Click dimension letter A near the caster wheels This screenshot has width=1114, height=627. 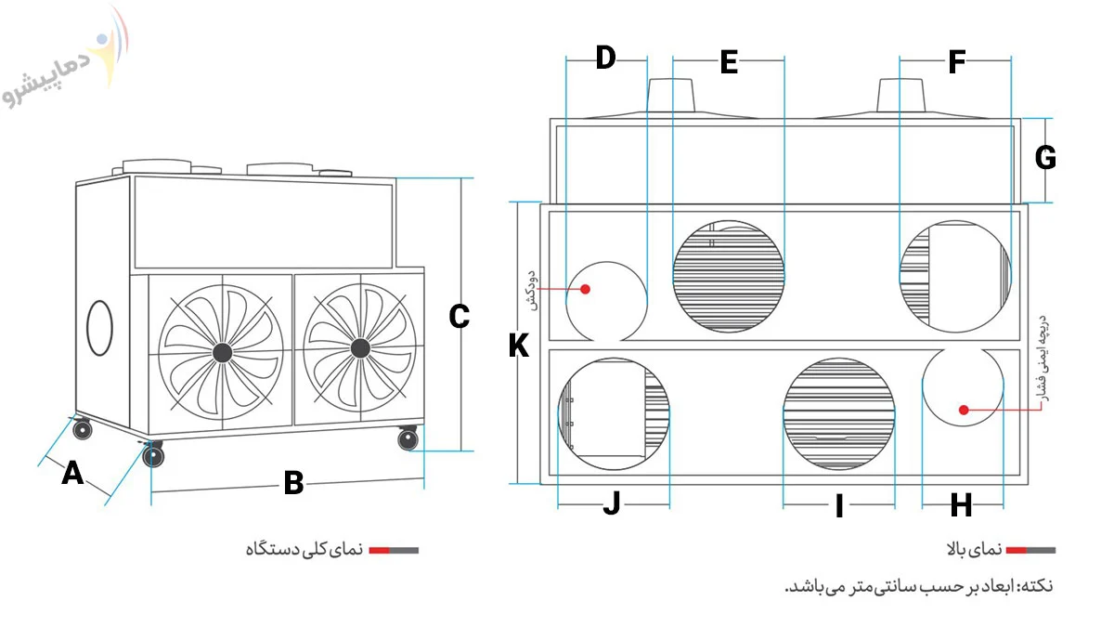(72, 473)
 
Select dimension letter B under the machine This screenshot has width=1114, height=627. (293, 483)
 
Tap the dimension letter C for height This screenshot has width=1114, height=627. (459, 317)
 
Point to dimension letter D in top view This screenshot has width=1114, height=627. (605, 58)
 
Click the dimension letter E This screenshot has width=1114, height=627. (729, 62)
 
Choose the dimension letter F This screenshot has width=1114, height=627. (957, 62)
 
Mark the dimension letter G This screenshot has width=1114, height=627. (1045, 158)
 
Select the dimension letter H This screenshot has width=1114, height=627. (962, 506)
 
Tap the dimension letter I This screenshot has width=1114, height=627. (839, 506)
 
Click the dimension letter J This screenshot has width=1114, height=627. (612, 503)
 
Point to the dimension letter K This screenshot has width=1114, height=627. (519, 346)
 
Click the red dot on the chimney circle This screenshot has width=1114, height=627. (586, 289)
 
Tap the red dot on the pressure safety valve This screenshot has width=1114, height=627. (964, 410)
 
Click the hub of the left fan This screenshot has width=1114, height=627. (222, 353)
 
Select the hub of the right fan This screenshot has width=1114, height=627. (360, 348)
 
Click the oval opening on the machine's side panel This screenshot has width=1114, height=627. (99, 328)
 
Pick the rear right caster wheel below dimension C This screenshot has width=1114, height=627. (408, 438)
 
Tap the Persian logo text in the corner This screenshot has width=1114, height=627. (47, 79)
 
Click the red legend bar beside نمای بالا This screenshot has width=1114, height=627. (1016, 550)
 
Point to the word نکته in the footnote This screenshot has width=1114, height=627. (1036, 586)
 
